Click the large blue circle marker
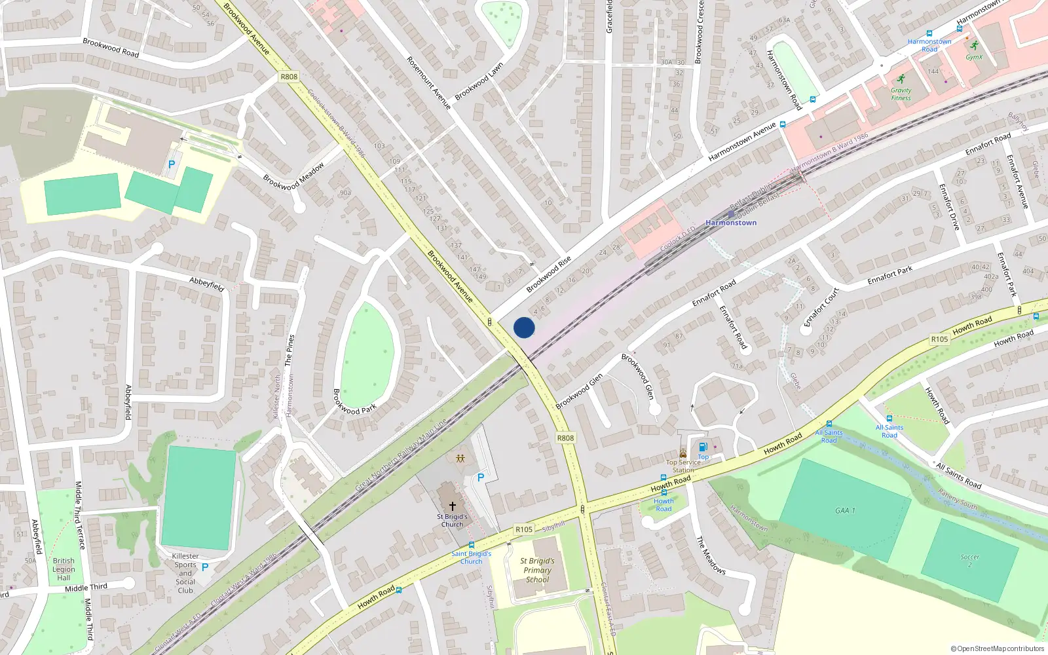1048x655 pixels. pos(524,327)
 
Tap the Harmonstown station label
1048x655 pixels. pos(731,223)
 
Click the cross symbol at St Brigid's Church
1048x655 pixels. pos(452,506)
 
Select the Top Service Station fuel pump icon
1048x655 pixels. pos(703,447)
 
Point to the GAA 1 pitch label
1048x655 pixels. pos(845,510)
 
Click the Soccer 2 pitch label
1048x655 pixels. pos(970,561)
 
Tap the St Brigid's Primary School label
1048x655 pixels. pos(537,570)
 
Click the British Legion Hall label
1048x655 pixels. pos(64,569)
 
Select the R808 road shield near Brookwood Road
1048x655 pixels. pos(288,77)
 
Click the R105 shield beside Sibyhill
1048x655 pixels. pos(523,529)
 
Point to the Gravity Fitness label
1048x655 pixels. pos(901,94)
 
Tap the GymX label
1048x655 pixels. pos(974,57)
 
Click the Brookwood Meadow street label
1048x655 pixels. pos(293,177)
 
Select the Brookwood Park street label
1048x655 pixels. pos(354,402)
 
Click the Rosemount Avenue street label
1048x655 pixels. pos(428,83)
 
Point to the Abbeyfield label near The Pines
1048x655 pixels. pos(206,284)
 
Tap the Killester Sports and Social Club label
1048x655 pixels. pos(185,573)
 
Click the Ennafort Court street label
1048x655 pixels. pos(821,307)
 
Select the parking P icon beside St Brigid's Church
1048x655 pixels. pos(481,477)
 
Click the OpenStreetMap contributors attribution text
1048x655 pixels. pos(997,648)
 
